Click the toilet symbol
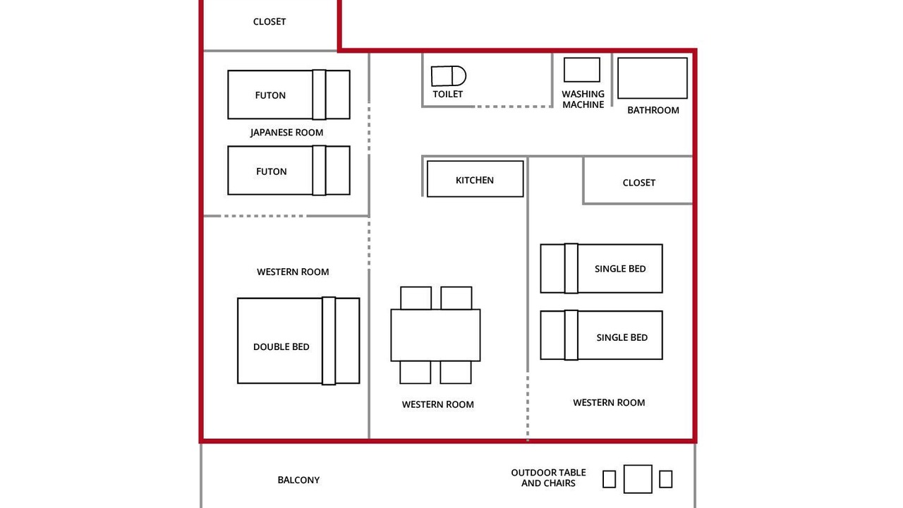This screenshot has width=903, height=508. tap(448, 75)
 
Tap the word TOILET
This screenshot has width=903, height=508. tap(447, 95)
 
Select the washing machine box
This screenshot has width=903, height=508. tap(582, 70)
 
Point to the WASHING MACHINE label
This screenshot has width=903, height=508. tap(583, 99)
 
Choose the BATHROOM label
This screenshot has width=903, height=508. tap(653, 110)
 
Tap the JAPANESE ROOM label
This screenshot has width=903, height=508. tap(286, 133)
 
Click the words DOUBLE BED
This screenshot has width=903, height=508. tap(281, 346)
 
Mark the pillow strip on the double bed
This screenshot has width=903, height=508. tap(329, 341)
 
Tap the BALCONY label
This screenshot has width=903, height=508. tap(298, 480)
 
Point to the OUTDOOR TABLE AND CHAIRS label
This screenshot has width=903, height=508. tap(548, 478)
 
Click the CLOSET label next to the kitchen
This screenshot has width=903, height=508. tap(638, 183)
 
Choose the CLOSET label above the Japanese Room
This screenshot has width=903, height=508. tap(269, 22)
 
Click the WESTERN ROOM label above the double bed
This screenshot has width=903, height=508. tap(293, 272)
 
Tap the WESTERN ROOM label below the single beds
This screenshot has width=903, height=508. tap(609, 403)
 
